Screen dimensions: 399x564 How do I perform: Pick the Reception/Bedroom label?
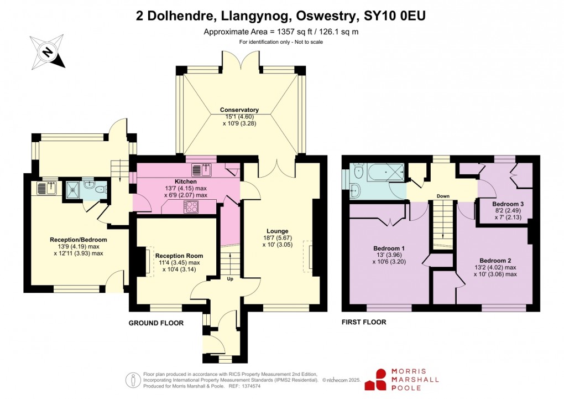[78, 240]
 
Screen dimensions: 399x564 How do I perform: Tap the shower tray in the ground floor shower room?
[71, 189]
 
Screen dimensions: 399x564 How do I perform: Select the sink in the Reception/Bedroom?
[45, 188]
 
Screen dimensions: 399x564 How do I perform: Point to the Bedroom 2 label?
[495, 260]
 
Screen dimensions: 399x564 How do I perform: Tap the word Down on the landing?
[442, 196]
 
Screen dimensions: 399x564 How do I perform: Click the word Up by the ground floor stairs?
[230, 278]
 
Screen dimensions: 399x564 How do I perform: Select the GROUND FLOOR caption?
[156, 323]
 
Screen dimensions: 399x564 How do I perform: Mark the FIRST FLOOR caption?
[363, 322]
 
